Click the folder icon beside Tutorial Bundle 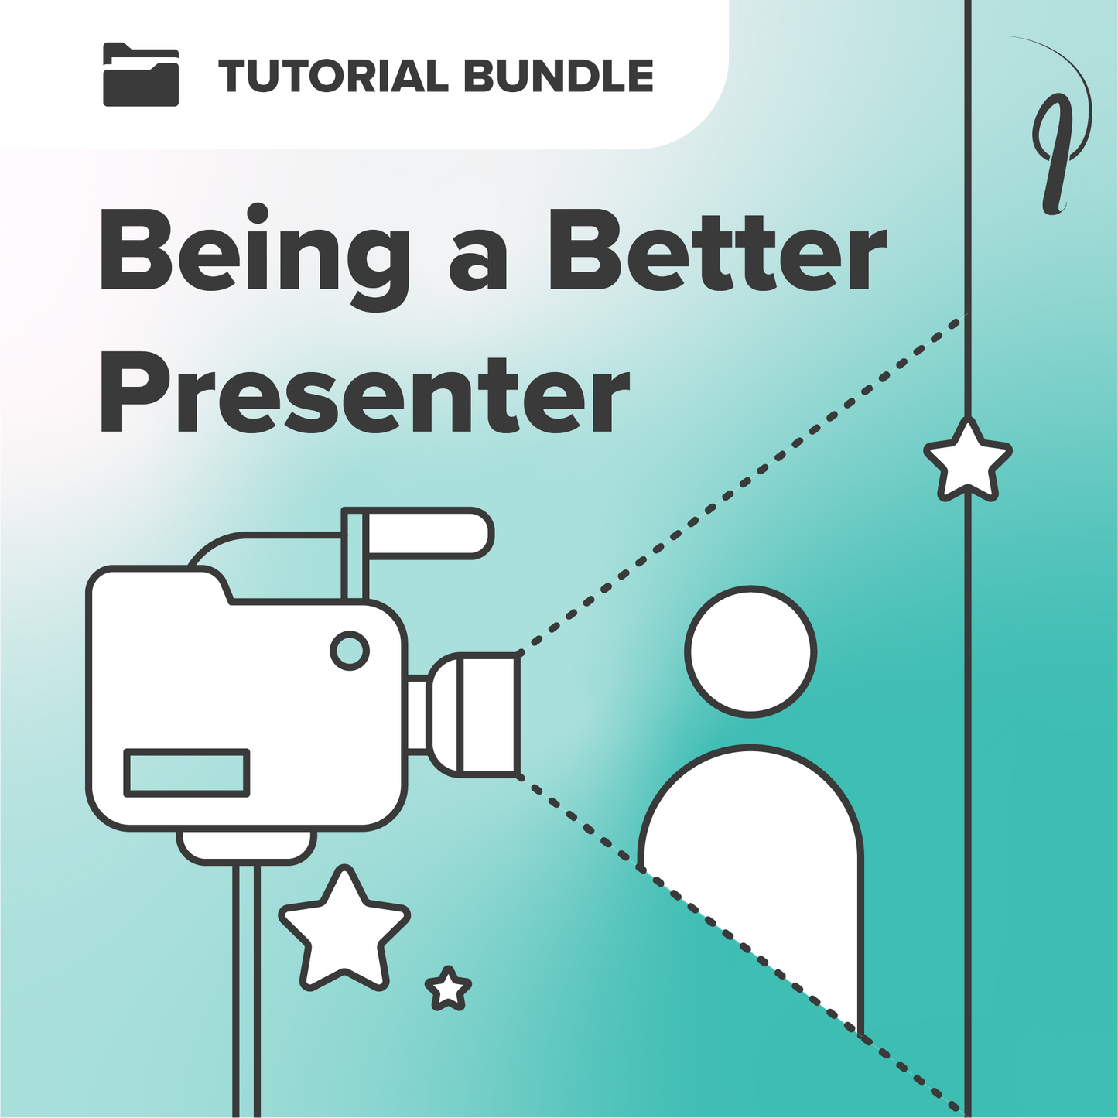coord(141,75)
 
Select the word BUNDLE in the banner coord(559,76)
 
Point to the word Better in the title coord(718,251)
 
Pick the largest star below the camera coord(344,929)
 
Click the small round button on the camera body coord(350,651)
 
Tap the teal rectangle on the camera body coord(186,773)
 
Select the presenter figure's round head coord(750,651)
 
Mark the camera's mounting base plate coord(247,846)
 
